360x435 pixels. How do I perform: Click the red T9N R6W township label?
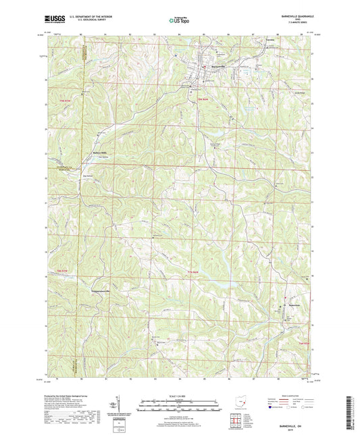coord(201,100)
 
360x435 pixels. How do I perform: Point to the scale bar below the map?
coord(179,405)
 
